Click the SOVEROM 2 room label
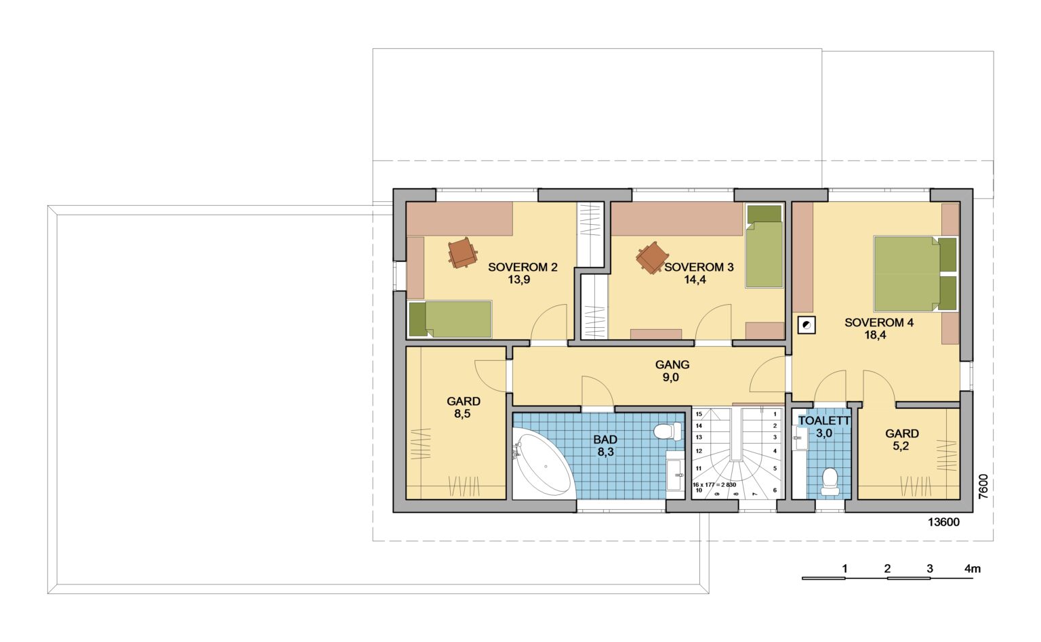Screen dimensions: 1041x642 [523, 267]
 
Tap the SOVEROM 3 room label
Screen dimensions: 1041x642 [699, 267]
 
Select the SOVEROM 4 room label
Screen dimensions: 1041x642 [879, 322]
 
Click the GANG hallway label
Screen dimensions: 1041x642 [672, 364]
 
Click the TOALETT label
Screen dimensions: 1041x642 [824, 421]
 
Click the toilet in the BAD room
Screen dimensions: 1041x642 [668, 431]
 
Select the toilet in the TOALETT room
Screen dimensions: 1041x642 [830, 481]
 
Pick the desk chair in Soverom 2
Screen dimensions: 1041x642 [462, 253]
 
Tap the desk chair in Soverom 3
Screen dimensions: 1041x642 [653, 258]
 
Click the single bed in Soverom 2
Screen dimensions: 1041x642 [450, 319]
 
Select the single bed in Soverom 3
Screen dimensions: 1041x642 [764, 247]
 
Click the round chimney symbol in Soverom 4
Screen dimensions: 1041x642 [807, 325]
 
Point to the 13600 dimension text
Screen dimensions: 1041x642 [943, 522]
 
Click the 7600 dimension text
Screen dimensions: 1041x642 [983, 487]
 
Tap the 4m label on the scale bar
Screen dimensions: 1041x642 [973, 569]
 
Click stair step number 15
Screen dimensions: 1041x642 [699, 414]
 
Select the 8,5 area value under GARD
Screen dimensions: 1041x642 [462, 414]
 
